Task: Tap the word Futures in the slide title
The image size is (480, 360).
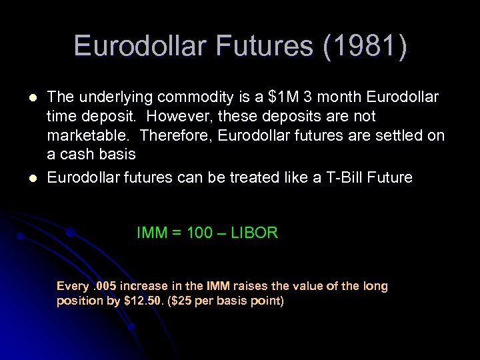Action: (261, 47)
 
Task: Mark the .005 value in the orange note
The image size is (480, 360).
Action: (104, 286)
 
